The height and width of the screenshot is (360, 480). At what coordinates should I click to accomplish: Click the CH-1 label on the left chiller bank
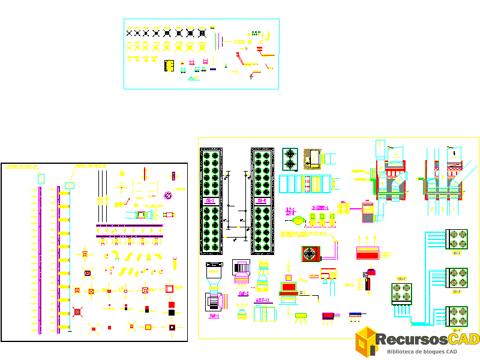tap(211, 202)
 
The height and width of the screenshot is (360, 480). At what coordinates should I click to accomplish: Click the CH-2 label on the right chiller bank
tap(262, 202)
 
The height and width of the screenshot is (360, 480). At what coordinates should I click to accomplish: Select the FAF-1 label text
tap(214, 316)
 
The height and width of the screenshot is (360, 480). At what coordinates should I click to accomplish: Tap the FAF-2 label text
tap(243, 294)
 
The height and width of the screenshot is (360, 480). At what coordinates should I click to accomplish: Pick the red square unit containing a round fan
tap(310, 254)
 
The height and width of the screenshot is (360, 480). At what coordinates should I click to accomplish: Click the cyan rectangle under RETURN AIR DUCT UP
tap(40, 178)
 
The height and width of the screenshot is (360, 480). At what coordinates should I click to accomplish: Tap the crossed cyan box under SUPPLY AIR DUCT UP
tap(70, 185)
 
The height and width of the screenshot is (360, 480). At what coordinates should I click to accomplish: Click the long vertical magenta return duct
tap(40, 258)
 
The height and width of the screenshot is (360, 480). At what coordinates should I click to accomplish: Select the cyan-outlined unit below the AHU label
tap(265, 313)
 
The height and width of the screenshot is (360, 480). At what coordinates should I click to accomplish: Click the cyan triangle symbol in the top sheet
tap(194, 78)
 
